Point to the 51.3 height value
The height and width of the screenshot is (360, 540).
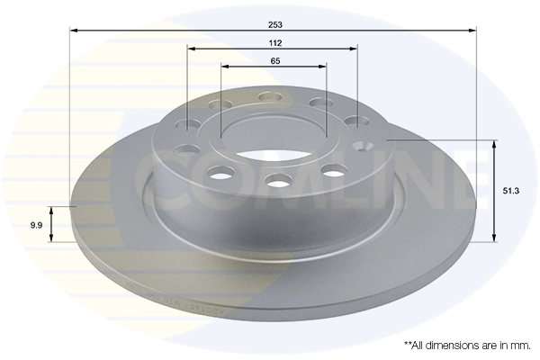(x=508, y=191)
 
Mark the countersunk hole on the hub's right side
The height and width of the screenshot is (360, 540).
(x=364, y=146)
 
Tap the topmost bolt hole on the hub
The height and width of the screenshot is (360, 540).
(x=267, y=97)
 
